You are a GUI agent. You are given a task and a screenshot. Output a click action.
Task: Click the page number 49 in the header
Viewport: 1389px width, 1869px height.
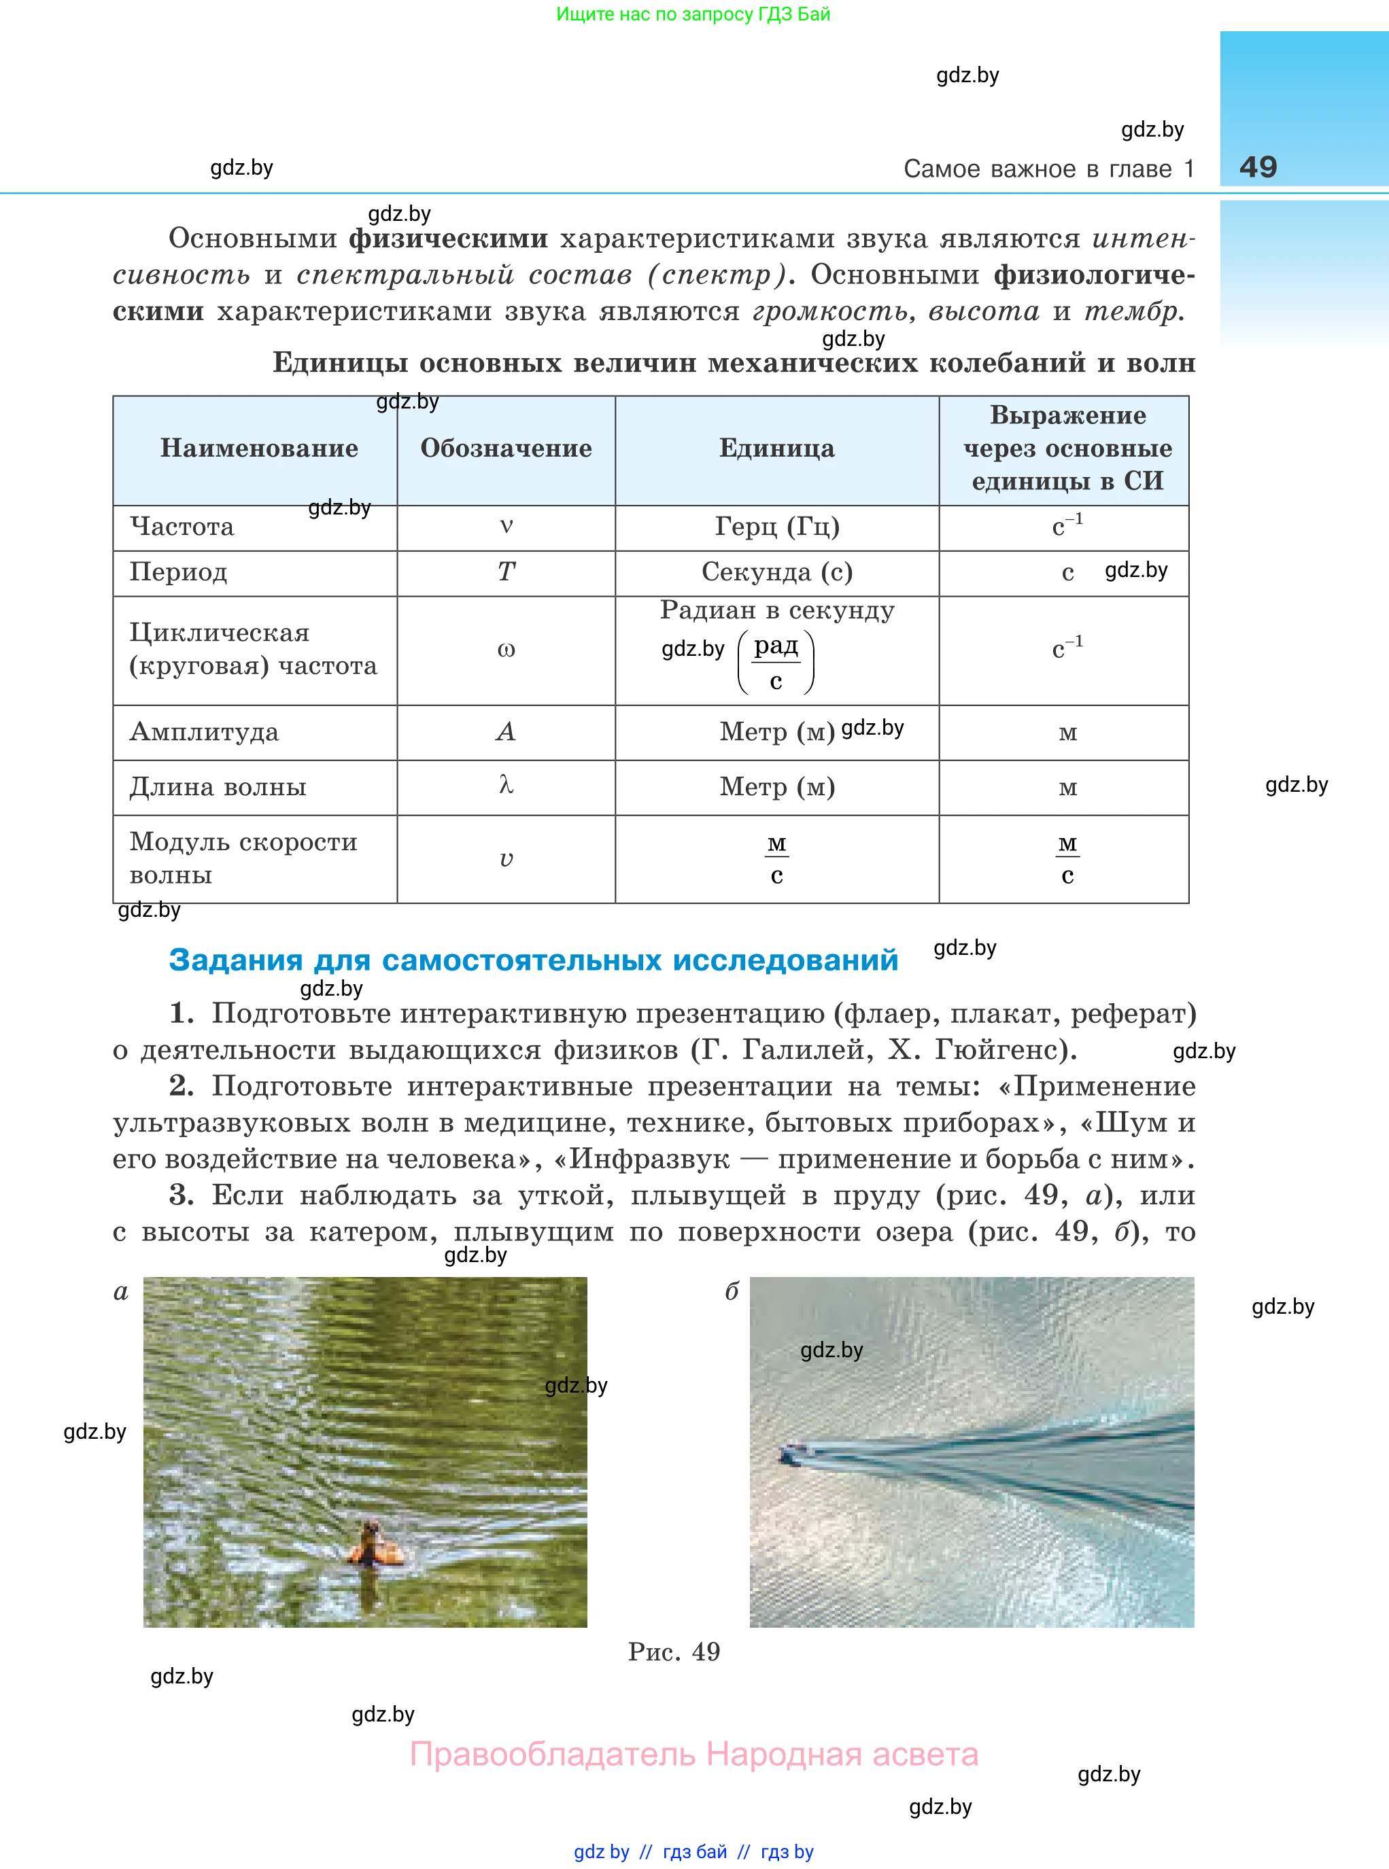(x=1258, y=167)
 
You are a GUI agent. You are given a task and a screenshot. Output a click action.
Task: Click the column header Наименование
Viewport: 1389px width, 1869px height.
(x=259, y=448)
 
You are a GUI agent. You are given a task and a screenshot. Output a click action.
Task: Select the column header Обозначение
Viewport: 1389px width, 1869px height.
(x=506, y=448)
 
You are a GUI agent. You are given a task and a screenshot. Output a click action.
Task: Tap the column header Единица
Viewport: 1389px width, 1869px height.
(x=777, y=448)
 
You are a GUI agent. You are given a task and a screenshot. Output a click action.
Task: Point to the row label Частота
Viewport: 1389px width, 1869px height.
(x=182, y=527)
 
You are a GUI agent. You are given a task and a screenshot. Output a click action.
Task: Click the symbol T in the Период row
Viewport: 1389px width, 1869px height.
(x=506, y=572)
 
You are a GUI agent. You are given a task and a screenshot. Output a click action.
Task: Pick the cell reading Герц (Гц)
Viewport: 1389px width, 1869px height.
(x=777, y=526)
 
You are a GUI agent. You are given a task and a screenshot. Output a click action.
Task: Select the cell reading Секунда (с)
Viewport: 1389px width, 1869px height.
(x=777, y=572)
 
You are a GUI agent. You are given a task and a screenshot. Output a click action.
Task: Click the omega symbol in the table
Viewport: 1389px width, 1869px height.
(x=506, y=650)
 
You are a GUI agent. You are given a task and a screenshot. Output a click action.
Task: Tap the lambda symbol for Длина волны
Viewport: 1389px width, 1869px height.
(x=506, y=785)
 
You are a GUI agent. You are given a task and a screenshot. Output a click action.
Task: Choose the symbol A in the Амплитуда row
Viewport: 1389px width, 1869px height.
(x=506, y=731)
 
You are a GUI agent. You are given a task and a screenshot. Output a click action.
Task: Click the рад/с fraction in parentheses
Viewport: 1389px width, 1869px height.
(x=776, y=662)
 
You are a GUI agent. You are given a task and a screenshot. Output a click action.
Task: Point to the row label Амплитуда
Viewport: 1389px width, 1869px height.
(x=203, y=732)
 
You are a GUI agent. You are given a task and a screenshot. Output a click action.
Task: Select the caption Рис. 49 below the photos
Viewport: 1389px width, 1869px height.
(x=674, y=1652)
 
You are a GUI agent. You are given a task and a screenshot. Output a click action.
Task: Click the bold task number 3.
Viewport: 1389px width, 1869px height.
(x=181, y=1194)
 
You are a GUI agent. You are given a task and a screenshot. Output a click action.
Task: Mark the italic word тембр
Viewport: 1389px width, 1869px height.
(x=1132, y=312)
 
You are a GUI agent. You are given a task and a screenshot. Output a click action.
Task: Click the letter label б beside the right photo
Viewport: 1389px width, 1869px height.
(x=732, y=1292)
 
